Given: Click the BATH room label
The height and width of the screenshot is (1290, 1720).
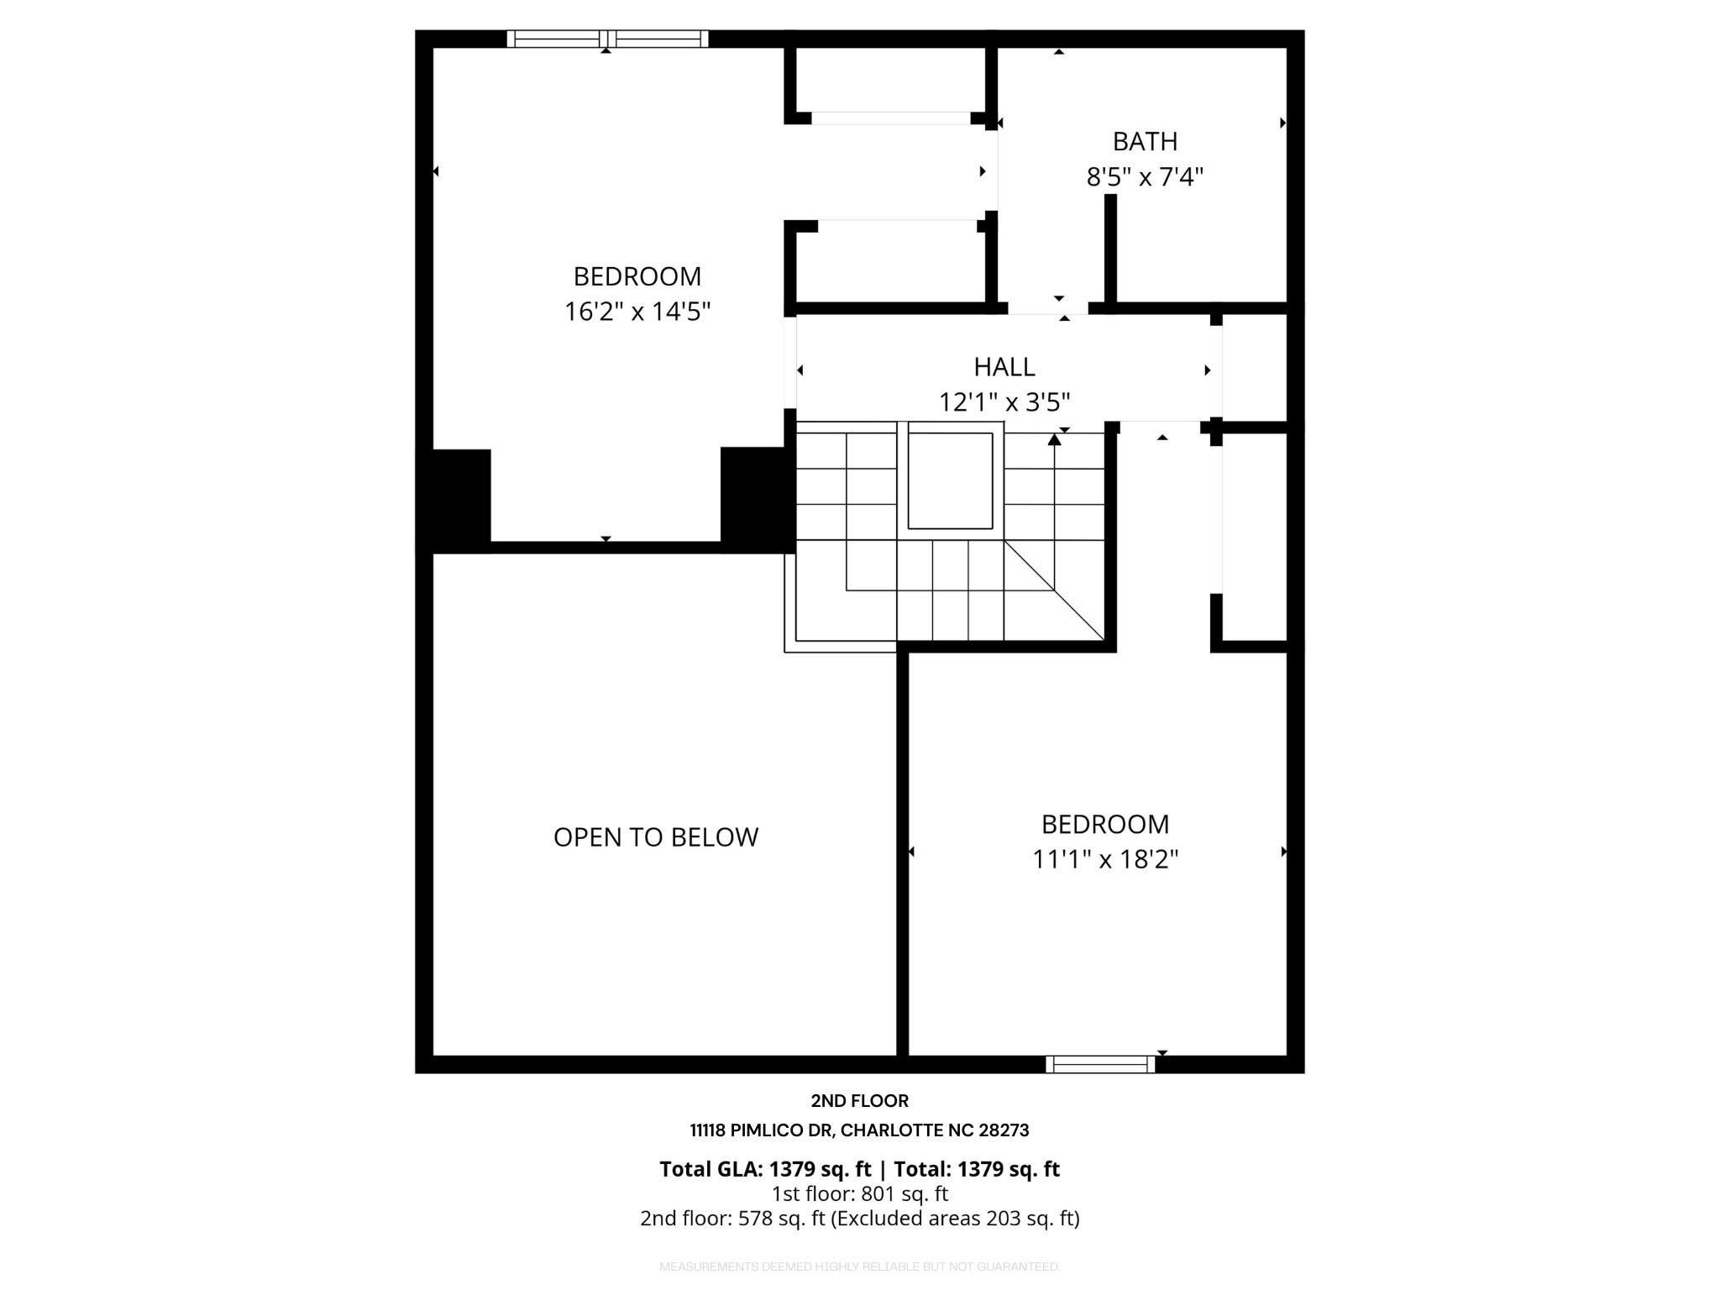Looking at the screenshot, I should tap(1145, 141).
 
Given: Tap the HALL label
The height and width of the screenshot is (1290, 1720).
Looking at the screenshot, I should tap(1004, 366).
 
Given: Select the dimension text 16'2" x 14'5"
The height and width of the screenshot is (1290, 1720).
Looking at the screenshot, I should tap(637, 312).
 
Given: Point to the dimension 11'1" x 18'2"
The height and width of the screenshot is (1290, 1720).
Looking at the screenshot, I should tap(1105, 859).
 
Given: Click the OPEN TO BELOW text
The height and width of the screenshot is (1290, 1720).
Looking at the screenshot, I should tap(655, 836).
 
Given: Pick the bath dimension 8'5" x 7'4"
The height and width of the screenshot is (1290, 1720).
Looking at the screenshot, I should tap(1145, 177).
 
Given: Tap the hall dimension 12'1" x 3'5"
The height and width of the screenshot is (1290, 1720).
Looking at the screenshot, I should tap(1004, 402).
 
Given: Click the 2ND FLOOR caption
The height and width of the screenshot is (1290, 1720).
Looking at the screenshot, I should tap(859, 1100).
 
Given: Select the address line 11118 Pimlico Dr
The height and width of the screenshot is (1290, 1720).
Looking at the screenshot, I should tap(859, 1130).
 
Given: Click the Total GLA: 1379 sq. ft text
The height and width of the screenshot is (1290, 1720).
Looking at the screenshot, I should tap(765, 1169).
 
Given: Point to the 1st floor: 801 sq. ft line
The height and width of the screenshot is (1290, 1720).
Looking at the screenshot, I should tap(859, 1193).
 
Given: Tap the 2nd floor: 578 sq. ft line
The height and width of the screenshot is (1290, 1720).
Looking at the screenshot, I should tap(859, 1218).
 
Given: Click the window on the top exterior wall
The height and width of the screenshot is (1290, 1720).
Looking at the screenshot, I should tap(607, 39).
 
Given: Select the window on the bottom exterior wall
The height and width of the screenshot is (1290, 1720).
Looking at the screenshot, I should tap(1100, 1064).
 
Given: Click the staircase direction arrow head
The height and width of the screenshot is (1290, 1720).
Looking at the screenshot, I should tap(1055, 438).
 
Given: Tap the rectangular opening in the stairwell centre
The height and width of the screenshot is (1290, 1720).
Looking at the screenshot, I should tap(950, 480).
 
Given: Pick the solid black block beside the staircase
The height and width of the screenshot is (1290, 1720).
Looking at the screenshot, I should tap(757, 499).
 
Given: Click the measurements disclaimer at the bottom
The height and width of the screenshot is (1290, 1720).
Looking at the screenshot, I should tap(859, 1266).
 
